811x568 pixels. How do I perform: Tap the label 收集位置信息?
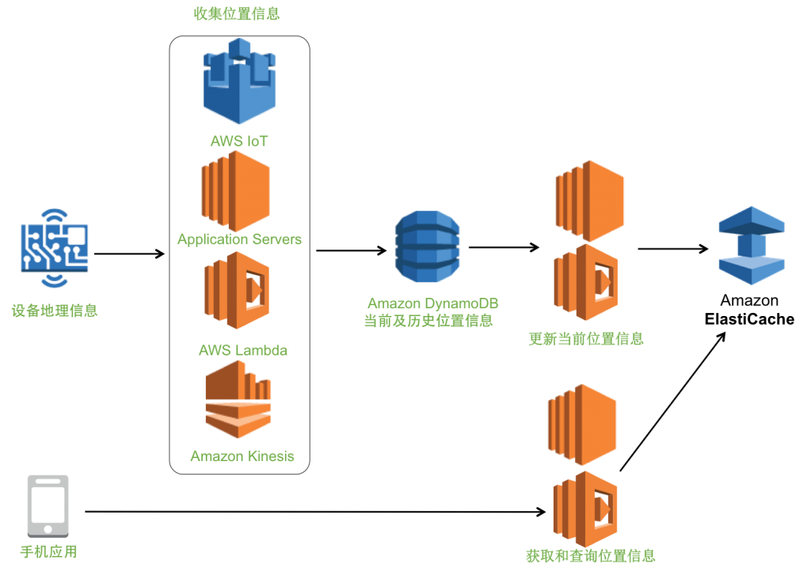236,13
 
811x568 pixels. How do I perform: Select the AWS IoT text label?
239,142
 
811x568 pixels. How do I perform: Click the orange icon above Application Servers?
236,191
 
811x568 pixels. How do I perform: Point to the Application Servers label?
239,239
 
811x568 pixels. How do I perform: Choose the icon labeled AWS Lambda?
237,291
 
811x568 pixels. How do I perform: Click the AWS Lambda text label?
242,350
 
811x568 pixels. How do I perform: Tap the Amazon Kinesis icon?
238,404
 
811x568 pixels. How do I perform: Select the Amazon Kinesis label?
242,456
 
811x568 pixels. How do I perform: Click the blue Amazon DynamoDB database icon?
427,247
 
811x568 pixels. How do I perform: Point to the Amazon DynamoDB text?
432,303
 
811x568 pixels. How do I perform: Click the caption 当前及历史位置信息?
428,321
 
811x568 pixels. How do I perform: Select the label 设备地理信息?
55,311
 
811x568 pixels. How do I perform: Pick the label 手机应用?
48,552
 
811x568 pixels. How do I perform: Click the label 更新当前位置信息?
585,339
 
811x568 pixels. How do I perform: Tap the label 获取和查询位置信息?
591,555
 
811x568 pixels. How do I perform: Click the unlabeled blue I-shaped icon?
751,245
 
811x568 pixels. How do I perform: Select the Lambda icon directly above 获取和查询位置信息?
585,509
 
